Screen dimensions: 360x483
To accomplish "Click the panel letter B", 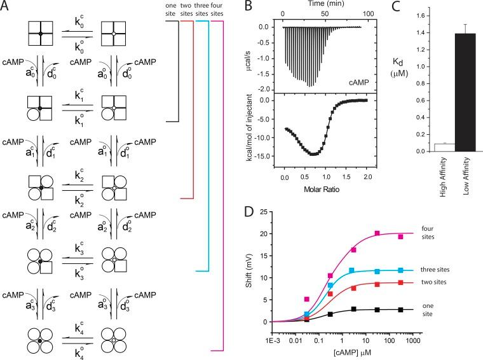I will [x=242, y=7].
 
